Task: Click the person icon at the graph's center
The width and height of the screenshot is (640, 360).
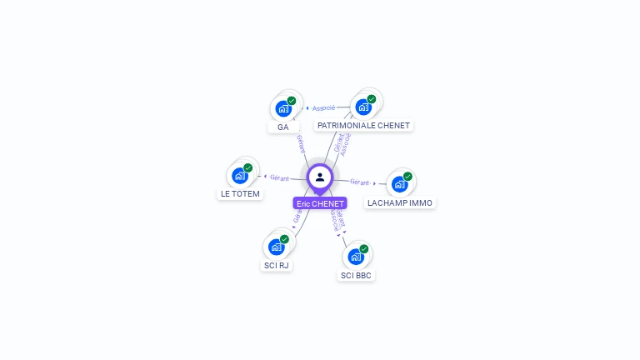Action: tap(320, 177)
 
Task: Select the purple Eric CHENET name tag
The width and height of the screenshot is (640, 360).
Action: tap(320, 203)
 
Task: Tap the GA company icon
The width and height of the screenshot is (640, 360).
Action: tap(283, 108)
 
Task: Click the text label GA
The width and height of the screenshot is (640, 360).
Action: tap(283, 127)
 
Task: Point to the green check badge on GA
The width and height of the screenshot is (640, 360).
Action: tap(292, 101)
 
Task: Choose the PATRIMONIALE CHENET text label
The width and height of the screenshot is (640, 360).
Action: tap(364, 125)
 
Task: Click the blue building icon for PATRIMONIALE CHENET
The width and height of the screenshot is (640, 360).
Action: tap(362, 107)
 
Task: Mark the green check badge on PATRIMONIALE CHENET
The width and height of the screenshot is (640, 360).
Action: tap(372, 99)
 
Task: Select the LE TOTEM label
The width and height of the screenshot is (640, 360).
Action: tap(240, 194)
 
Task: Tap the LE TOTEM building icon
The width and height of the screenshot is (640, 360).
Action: tap(240, 175)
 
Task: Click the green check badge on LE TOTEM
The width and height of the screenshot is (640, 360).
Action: tap(248, 167)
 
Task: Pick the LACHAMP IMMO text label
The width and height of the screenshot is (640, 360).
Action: tap(400, 202)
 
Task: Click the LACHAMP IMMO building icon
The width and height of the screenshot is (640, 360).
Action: tap(399, 184)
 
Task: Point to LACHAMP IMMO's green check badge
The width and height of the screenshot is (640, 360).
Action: tap(407, 176)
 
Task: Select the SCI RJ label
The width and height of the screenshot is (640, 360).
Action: tap(277, 266)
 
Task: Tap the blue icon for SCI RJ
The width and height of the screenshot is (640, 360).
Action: tap(276, 247)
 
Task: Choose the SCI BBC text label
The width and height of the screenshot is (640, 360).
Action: tap(357, 275)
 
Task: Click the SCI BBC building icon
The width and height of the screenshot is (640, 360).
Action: tap(355, 256)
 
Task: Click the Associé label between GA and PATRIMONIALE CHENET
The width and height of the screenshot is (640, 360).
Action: tap(323, 107)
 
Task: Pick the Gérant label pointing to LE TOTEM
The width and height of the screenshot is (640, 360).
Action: tap(279, 177)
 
